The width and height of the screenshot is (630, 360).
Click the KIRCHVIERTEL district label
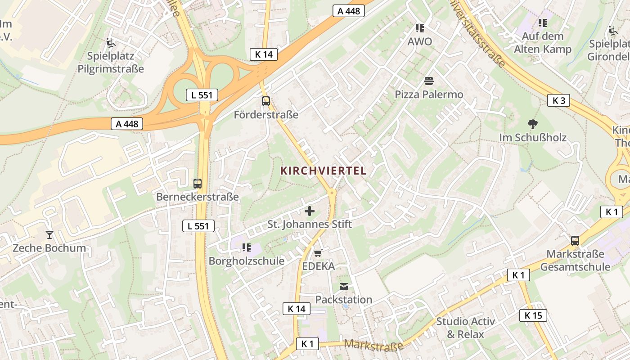click(324, 171)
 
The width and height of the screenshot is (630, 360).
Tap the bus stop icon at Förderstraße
click(266, 101)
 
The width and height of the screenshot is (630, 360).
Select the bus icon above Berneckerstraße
click(198, 184)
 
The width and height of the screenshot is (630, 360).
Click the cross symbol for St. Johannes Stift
click(310, 211)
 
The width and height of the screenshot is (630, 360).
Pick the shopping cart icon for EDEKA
click(318, 253)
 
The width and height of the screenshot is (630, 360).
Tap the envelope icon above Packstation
click(344, 287)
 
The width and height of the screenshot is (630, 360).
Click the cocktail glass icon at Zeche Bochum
click(49, 235)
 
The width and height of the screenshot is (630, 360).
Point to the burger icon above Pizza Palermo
click(429, 81)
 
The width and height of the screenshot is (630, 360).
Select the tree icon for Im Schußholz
click(533, 124)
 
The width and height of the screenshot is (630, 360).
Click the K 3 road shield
click(558, 101)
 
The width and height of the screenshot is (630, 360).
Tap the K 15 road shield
click(533, 315)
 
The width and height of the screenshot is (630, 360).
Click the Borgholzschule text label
click(247, 261)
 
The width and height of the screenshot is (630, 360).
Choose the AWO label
click(419, 42)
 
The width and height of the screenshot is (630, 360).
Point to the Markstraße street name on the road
click(373, 346)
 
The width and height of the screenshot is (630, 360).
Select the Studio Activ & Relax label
click(465, 328)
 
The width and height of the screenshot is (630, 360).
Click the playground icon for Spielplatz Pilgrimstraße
click(111, 43)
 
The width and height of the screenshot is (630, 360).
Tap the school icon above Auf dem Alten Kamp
click(543, 22)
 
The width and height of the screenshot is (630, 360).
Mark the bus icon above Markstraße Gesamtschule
click(575, 241)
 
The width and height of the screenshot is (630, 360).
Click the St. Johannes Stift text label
click(310, 224)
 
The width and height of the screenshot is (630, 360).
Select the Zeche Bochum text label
click(49, 248)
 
